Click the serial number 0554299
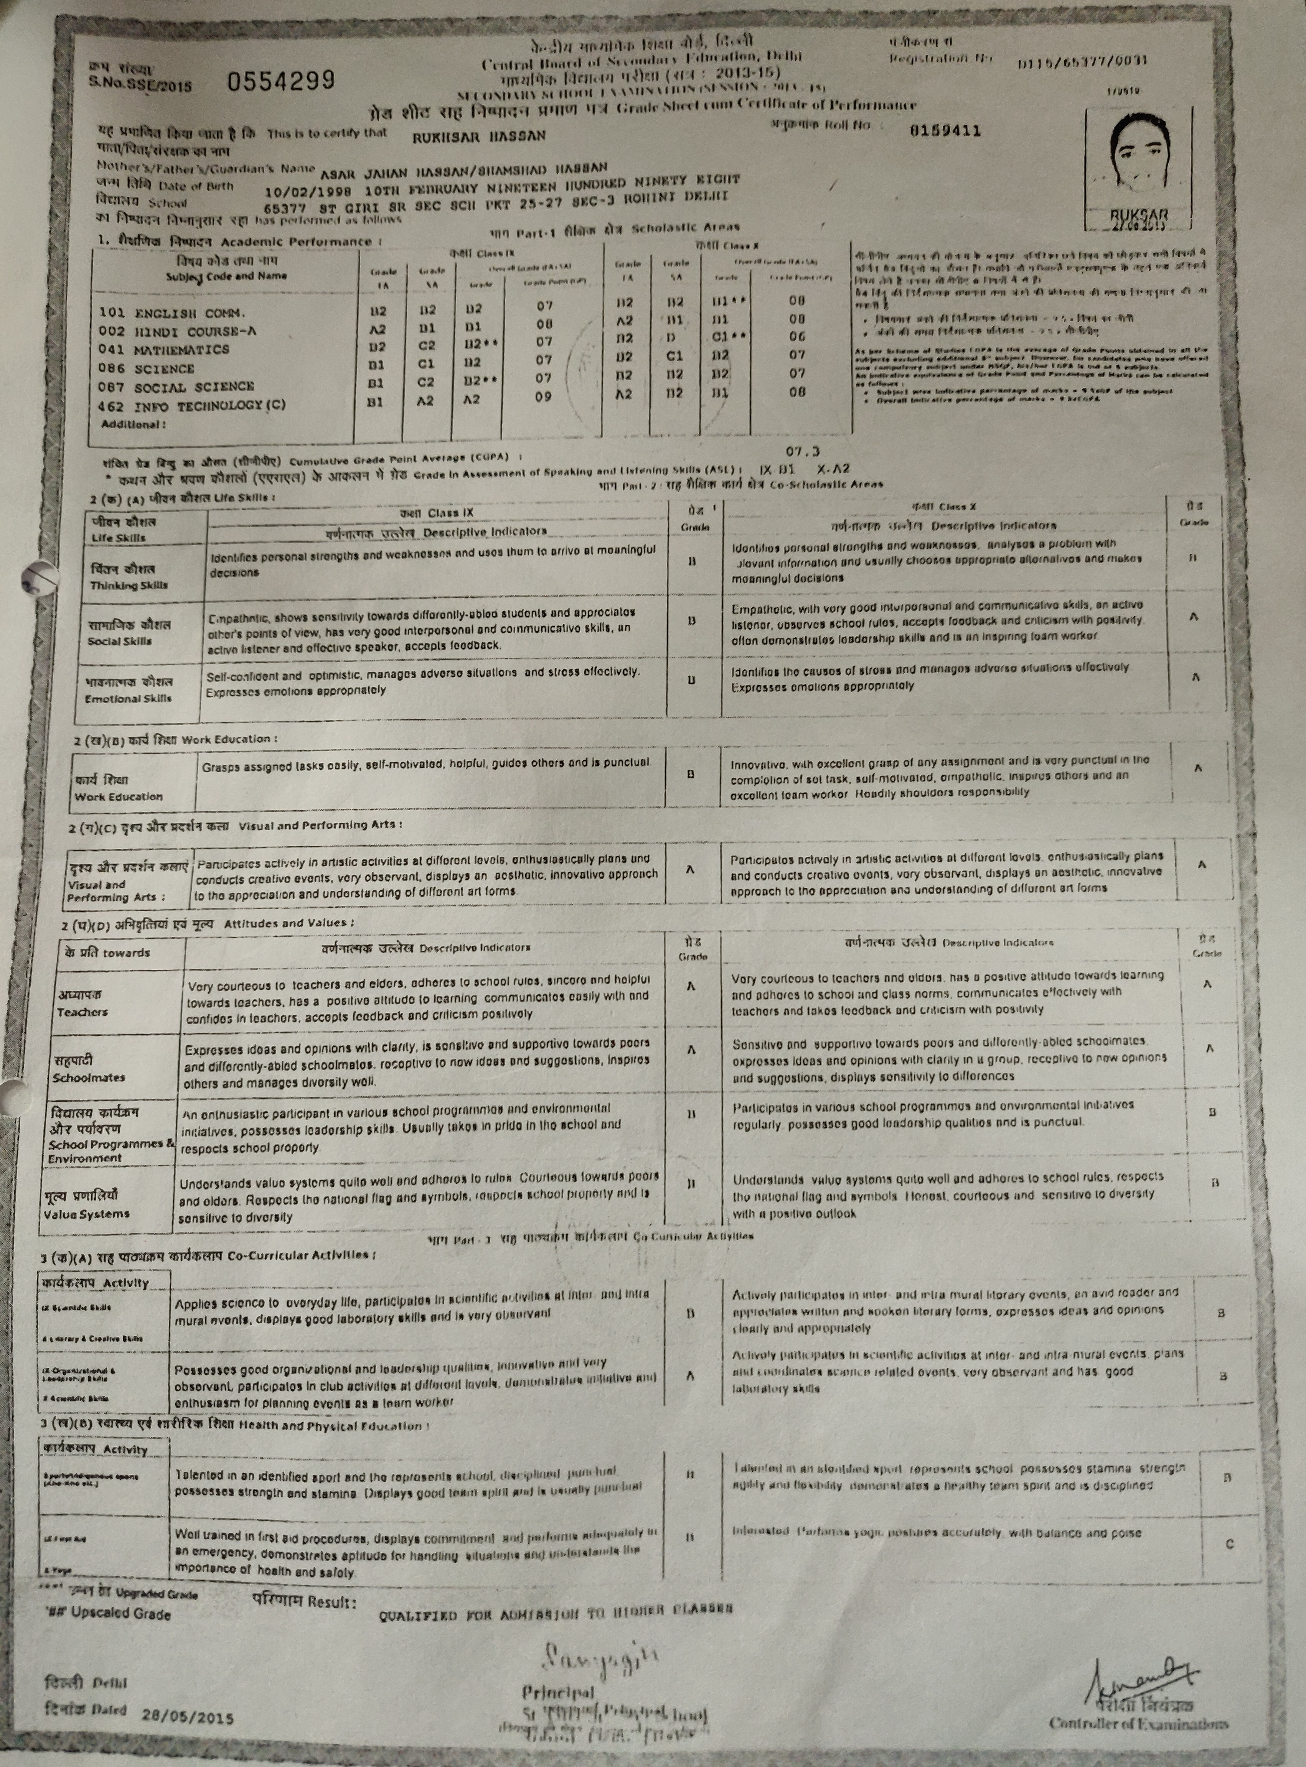280,80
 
